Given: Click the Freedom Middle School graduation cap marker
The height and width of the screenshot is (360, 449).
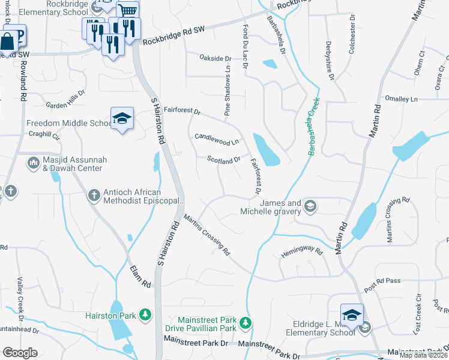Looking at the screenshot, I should pyautogui.click(x=122, y=118).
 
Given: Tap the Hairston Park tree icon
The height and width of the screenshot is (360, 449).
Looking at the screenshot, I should pyautogui.click(x=145, y=314).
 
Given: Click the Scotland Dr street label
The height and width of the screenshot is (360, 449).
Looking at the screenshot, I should pyautogui.click(x=223, y=160).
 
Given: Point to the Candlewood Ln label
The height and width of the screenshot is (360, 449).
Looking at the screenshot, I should pyautogui.click(x=216, y=140).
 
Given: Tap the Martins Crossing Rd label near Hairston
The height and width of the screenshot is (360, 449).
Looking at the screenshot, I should pyautogui.click(x=207, y=235).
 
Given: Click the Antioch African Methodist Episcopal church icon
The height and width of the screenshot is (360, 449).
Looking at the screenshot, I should pyautogui.click(x=94, y=195).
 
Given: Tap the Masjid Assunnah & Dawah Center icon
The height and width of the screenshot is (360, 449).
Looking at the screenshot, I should pyautogui.click(x=33, y=161).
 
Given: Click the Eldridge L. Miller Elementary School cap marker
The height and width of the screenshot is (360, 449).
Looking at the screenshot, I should pyautogui.click(x=352, y=314).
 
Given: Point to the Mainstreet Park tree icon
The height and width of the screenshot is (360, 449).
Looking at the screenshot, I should pyautogui.click(x=245, y=323).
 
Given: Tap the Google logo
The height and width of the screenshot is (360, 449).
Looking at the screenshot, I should pyautogui.click(x=20, y=353).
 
